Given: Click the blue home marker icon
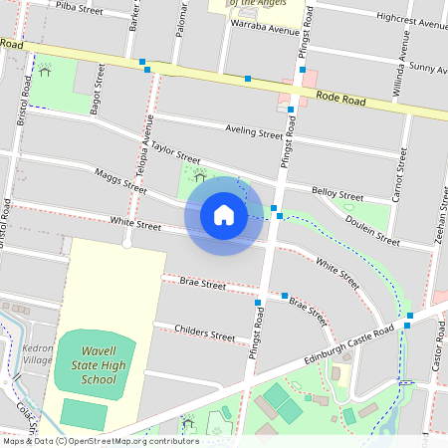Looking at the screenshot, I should click(224, 214).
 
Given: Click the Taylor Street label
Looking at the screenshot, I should click(175, 152).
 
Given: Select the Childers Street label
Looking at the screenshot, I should click(204, 333).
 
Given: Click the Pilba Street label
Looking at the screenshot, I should click(80, 9).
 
